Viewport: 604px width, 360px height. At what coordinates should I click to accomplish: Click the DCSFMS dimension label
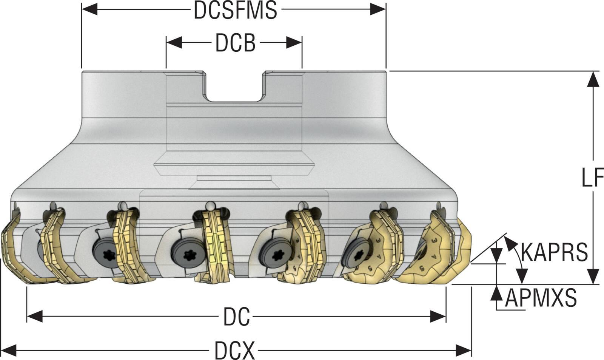[x=236, y=10]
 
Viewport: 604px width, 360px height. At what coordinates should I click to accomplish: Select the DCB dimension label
[x=235, y=43]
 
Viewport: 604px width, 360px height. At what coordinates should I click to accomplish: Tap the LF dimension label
[x=592, y=177]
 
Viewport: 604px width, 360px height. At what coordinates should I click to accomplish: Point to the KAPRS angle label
[x=554, y=252]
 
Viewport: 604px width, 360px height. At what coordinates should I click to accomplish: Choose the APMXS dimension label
[x=541, y=298]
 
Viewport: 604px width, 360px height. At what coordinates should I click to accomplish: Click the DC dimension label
[x=236, y=317]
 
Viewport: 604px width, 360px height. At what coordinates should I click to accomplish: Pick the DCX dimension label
[x=234, y=350]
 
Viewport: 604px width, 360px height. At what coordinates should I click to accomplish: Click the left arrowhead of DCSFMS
[x=89, y=9]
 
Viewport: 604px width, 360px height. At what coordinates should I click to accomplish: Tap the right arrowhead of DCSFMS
[x=378, y=9]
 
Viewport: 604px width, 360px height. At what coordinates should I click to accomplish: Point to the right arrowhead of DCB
[x=294, y=43]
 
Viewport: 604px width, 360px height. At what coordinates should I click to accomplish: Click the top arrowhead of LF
[x=593, y=79]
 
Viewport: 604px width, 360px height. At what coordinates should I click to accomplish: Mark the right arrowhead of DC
[x=438, y=317]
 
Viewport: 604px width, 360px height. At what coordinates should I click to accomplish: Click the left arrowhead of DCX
[x=9, y=350]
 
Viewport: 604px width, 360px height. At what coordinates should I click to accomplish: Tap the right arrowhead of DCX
[x=464, y=350]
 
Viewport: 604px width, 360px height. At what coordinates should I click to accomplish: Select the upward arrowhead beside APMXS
[x=497, y=292]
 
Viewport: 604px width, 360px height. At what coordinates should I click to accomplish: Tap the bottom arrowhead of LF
[x=593, y=277]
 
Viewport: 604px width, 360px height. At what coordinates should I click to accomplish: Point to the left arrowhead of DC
[x=35, y=317]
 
